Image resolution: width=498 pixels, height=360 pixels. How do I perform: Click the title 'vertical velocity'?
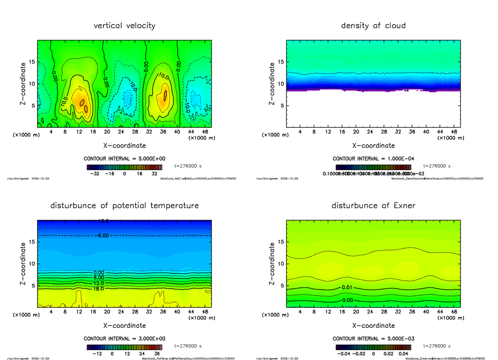(124, 26)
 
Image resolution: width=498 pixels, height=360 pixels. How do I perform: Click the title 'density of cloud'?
(373, 26)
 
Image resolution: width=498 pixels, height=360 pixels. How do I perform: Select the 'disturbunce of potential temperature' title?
(124, 206)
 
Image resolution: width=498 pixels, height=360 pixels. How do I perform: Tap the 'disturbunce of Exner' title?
(373, 206)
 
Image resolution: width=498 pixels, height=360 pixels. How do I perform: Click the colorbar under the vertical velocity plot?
(124, 168)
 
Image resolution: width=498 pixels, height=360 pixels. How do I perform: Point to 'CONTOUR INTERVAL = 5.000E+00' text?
(124, 159)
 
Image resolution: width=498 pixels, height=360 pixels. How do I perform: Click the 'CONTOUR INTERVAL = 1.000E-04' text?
(373, 159)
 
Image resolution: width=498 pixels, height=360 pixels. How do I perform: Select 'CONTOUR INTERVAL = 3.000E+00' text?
(124, 338)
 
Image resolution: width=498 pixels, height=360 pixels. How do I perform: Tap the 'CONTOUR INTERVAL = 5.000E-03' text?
(373, 338)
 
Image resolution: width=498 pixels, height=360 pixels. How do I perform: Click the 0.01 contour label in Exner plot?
(347, 287)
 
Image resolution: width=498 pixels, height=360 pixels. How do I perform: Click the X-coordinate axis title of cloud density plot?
(373, 146)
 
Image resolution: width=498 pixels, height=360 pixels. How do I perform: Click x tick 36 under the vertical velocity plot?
(163, 132)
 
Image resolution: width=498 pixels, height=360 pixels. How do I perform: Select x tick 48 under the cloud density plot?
(454, 132)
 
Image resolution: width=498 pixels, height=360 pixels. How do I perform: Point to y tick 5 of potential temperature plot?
(32, 285)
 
